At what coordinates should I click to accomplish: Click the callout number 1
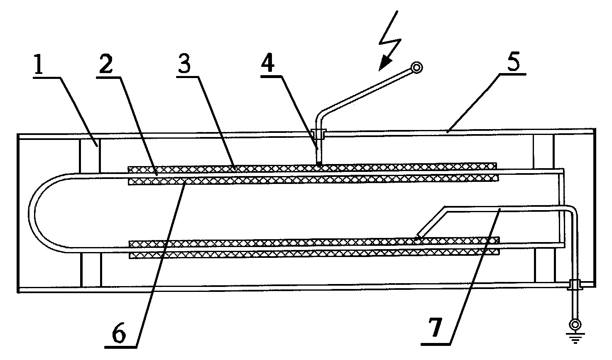tap(39, 64)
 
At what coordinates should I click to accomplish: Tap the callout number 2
tap(106, 64)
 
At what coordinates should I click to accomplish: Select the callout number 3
tap(185, 64)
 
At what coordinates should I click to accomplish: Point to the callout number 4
tap(268, 63)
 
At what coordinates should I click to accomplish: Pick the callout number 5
tap(513, 61)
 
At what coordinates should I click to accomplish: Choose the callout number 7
tap(436, 328)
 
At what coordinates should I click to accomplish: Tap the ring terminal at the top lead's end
tap(416, 67)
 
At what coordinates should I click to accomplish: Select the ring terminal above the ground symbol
tap(575, 325)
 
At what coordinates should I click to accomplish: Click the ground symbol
tap(575, 338)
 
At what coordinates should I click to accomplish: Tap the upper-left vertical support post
tap(90, 156)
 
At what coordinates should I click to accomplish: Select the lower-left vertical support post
tap(91, 270)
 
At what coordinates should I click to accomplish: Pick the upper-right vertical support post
tap(543, 151)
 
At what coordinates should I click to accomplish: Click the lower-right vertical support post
tap(545, 265)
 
